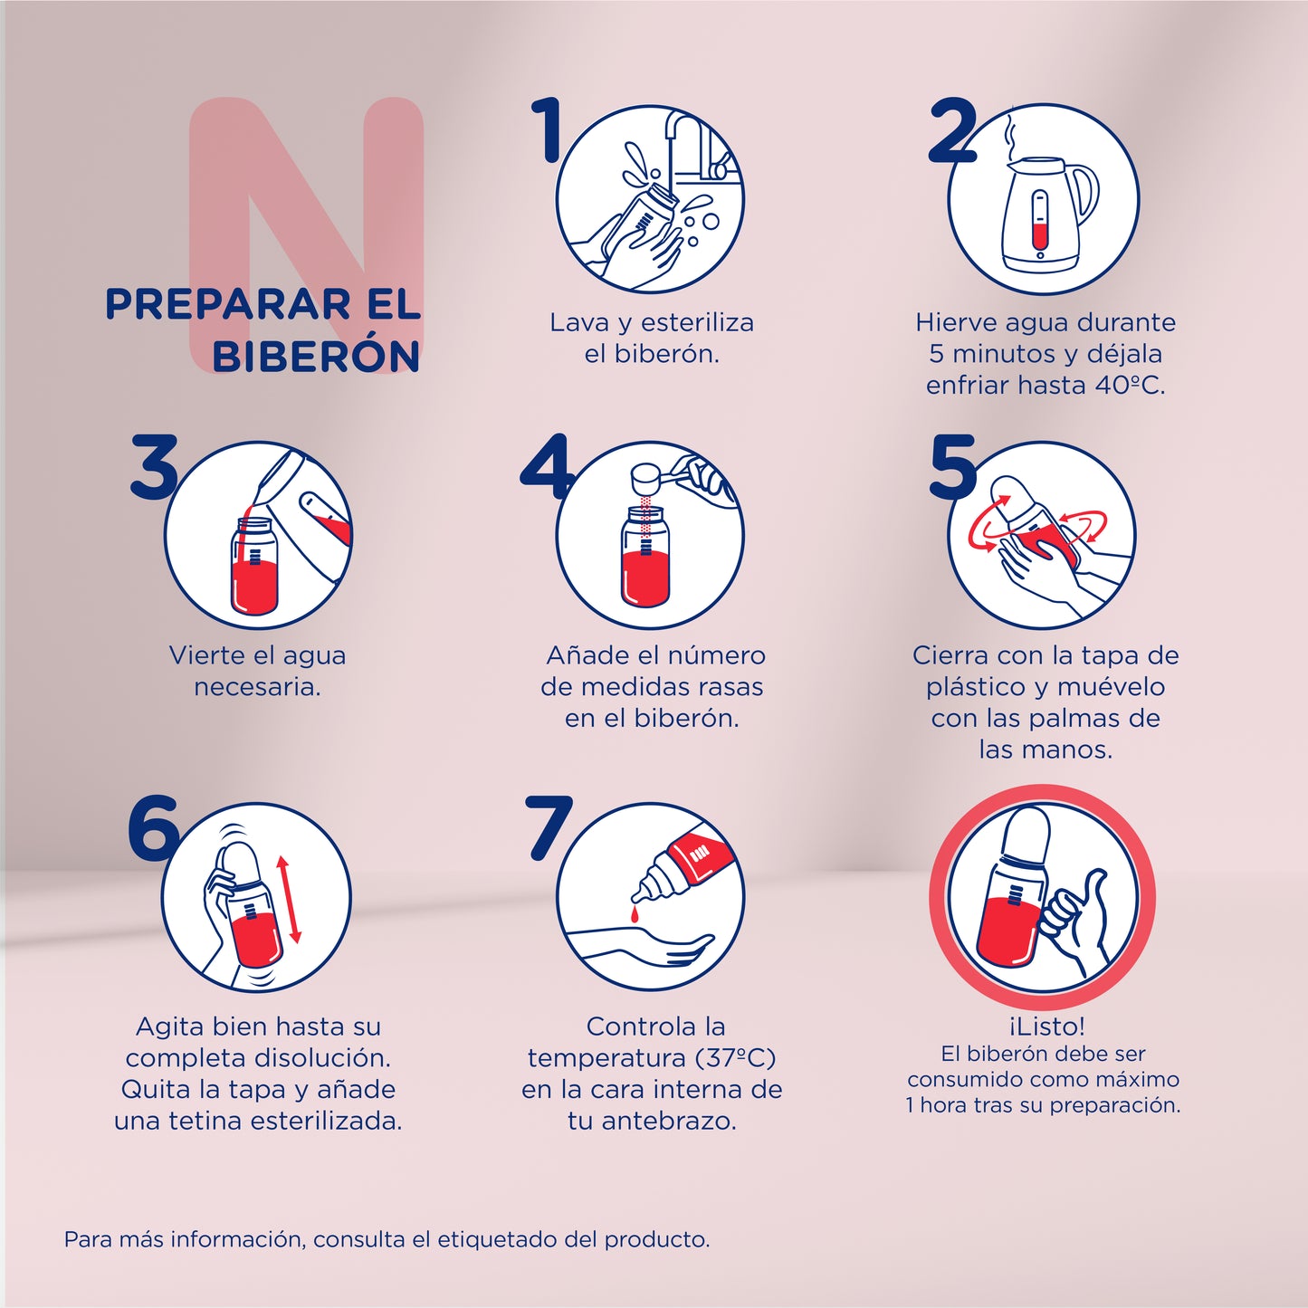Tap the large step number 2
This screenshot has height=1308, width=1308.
[953, 132]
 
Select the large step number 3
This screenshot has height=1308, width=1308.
[154, 467]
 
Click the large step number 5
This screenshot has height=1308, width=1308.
[953, 467]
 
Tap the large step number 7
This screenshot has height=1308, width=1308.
[549, 826]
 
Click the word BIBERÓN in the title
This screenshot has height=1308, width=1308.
[316, 357]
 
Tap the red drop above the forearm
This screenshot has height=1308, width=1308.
[635, 916]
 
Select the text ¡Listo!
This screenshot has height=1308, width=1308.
[1045, 1026]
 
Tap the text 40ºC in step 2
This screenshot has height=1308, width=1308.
[1130, 386]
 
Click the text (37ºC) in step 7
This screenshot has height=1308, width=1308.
[736, 1058]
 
